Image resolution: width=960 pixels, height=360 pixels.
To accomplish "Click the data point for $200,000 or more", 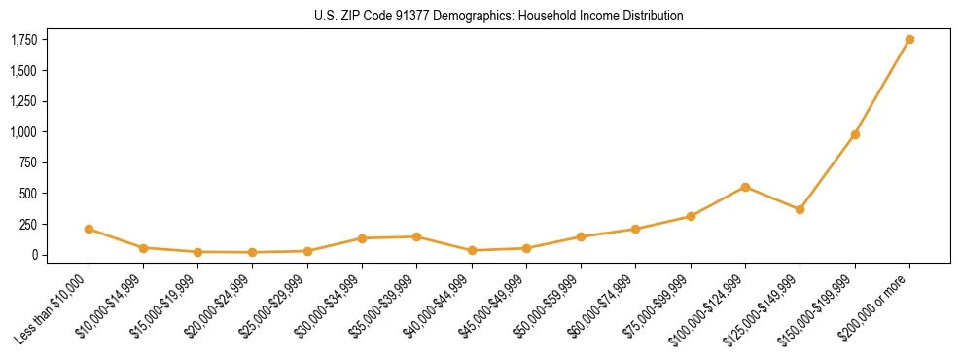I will pyautogui.click(x=909, y=40).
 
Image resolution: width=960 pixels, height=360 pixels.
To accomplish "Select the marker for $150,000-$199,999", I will pyautogui.click(x=855, y=134).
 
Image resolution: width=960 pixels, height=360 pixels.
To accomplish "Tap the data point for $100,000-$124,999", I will pyautogui.click(x=745, y=187).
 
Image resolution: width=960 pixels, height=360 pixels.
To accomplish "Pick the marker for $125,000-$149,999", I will pyautogui.click(x=800, y=209).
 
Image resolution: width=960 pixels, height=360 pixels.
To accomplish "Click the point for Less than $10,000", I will pyautogui.click(x=89, y=230).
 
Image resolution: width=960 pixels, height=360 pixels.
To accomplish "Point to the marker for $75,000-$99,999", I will pyautogui.click(x=691, y=216).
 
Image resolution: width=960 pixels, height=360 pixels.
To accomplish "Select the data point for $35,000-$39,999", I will pyautogui.click(x=416, y=236).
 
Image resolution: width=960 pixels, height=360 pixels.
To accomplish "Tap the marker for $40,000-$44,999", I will pyautogui.click(x=472, y=250).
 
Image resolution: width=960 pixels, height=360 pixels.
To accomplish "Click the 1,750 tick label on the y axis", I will pyautogui.click(x=23, y=40).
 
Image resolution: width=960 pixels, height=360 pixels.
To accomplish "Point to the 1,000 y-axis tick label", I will pyautogui.click(x=23, y=132).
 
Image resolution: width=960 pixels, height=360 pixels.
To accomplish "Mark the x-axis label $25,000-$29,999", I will pyautogui.click(x=275, y=309).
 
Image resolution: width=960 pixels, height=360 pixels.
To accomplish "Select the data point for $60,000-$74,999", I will pyautogui.click(x=635, y=230).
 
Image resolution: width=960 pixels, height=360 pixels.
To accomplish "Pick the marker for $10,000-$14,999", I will pyautogui.click(x=143, y=248).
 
